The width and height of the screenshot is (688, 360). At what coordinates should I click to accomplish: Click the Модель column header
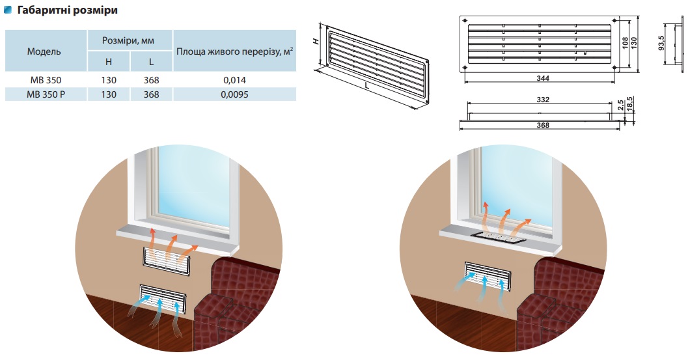point(45,51)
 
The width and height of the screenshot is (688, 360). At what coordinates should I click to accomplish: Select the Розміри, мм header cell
point(129,40)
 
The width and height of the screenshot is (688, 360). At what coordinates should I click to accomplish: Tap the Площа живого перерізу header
point(234,51)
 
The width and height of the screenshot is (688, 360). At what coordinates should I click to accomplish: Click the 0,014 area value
point(234,80)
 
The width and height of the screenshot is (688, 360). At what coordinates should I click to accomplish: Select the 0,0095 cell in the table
point(234,94)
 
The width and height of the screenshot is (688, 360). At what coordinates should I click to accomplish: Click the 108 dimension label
point(626,42)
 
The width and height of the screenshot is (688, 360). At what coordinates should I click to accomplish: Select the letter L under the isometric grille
point(368,86)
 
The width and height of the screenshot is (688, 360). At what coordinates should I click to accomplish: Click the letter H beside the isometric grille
point(316,41)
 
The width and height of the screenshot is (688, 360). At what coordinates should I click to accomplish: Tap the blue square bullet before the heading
point(8,11)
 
